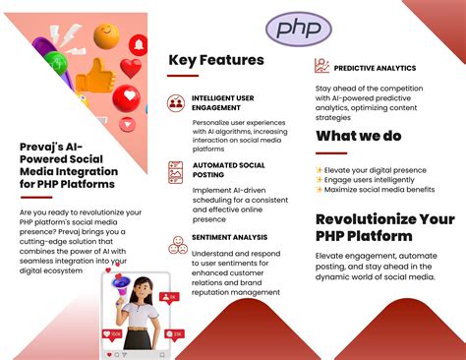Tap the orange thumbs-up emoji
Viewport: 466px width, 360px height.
click(94, 76)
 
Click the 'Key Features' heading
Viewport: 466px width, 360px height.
click(216, 60)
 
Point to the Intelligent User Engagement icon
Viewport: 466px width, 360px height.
click(176, 101)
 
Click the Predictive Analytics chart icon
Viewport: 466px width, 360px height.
click(321, 66)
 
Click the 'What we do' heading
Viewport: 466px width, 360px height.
click(359, 136)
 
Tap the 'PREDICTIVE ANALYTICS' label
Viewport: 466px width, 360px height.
click(375, 68)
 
